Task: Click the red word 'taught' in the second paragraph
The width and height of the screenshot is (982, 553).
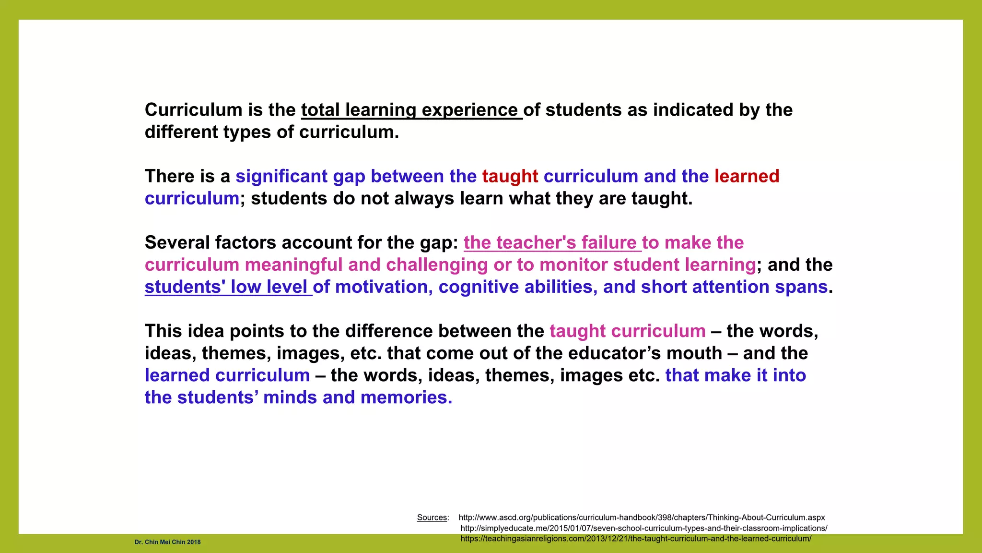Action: click(x=510, y=177)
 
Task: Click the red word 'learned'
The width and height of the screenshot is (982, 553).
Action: click(x=747, y=177)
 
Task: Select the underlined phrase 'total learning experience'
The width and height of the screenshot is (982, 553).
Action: click(x=411, y=110)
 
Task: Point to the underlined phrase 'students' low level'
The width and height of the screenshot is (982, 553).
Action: click(x=228, y=287)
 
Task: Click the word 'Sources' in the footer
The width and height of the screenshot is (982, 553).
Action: click(x=432, y=517)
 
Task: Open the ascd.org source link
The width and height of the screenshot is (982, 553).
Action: click(x=642, y=517)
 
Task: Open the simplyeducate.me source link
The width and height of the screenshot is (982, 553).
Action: click(x=643, y=528)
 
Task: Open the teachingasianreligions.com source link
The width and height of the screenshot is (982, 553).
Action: click(x=635, y=539)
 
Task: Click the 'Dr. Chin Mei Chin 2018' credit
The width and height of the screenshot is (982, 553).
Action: click(x=167, y=542)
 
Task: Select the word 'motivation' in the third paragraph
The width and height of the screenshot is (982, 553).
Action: click(x=381, y=287)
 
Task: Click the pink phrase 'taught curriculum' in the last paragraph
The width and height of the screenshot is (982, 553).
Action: click(x=627, y=331)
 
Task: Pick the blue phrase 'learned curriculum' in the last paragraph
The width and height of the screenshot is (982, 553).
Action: click(x=227, y=375)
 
